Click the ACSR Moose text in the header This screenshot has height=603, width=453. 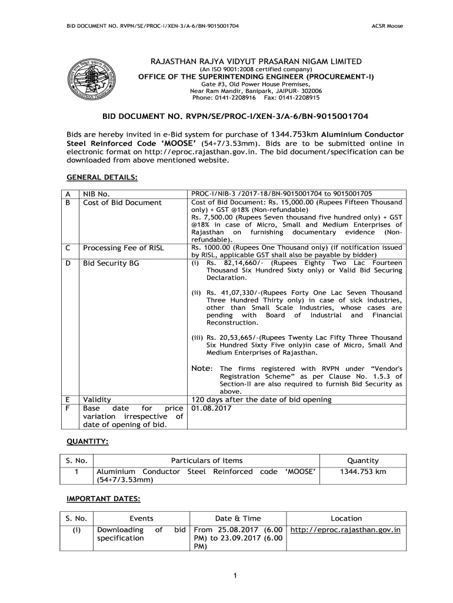(387, 26)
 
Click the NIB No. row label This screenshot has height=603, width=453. (105, 193)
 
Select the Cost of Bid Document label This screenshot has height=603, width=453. (122, 203)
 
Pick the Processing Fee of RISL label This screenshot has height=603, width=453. (128, 248)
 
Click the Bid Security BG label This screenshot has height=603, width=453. (111, 263)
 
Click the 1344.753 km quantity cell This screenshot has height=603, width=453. (363, 472)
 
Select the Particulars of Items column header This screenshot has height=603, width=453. (206, 460)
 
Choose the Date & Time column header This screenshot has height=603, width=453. (238, 518)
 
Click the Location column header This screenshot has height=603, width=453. (347, 518)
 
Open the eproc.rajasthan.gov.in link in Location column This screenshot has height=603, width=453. (346, 529)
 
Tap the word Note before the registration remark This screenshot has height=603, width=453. (201, 368)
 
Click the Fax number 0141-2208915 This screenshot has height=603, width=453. (303, 97)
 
